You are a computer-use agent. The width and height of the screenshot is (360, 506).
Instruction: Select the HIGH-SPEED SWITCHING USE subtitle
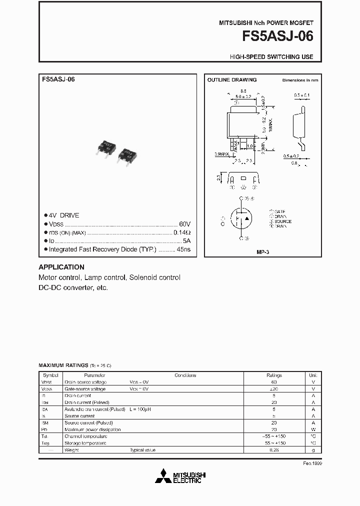tap(271, 57)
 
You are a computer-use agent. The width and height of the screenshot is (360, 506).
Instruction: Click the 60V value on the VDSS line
tap(184, 224)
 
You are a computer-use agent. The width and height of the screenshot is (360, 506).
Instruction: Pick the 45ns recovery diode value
tap(183, 249)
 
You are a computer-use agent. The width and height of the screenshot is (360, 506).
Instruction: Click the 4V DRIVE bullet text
tap(63, 215)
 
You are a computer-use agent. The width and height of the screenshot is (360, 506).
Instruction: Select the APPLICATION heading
tap(61, 267)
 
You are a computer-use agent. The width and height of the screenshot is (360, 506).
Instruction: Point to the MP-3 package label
tap(262, 252)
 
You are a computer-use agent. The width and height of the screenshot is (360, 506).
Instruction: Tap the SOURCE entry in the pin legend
tap(282, 221)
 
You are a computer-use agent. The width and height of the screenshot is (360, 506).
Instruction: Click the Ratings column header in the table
tap(274, 375)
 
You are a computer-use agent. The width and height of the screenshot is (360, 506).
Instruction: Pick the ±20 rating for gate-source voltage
tap(274, 388)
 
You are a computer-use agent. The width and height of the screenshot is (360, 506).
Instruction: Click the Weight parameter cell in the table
tap(71, 450)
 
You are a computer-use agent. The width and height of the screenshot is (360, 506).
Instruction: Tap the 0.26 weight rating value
tap(274, 450)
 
